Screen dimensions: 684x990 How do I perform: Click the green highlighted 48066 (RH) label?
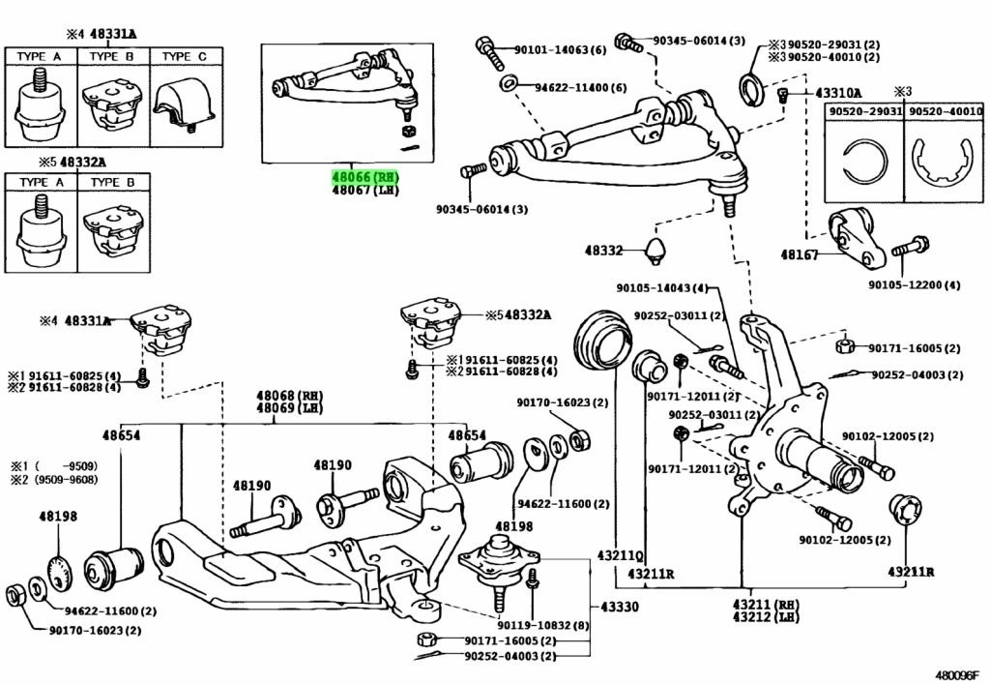point(364,177)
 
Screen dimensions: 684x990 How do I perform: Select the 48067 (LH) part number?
point(364,191)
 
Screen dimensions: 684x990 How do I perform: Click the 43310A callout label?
point(837,93)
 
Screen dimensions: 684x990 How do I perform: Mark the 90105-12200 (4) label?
point(914,285)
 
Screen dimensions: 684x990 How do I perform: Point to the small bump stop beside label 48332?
point(658,249)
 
